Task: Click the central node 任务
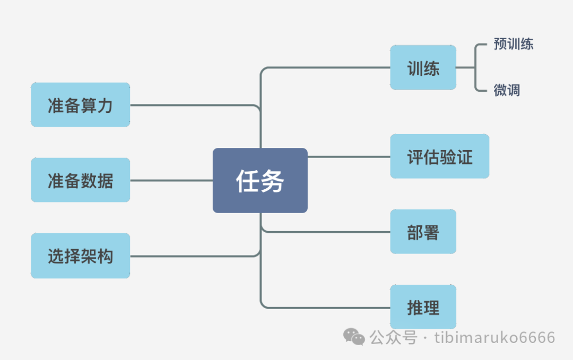click(260, 180)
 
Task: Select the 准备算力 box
click(80, 104)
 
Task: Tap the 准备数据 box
click(80, 180)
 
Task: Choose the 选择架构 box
click(80, 256)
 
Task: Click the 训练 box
click(423, 67)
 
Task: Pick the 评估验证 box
click(439, 156)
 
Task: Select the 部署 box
click(423, 232)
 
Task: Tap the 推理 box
click(423, 307)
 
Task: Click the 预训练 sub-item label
click(513, 44)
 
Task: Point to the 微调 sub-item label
click(507, 90)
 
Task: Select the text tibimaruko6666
click(494, 338)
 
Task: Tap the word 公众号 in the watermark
click(393, 338)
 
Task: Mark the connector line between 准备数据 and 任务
click(171, 180)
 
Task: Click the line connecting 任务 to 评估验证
click(349, 156)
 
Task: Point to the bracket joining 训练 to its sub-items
click(475, 67)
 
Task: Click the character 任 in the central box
click(248, 181)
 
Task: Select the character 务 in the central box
click(273, 181)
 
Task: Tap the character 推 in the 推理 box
click(415, 308)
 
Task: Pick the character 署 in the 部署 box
click(431, 232)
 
